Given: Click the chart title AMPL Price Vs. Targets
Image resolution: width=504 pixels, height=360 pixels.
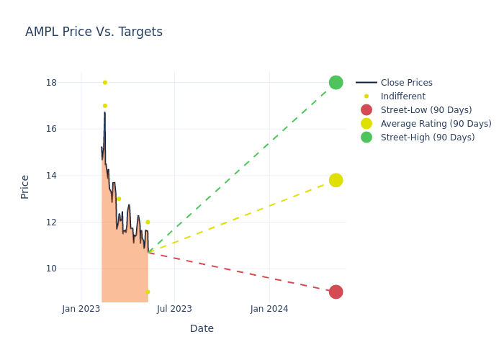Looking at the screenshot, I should (94, 32).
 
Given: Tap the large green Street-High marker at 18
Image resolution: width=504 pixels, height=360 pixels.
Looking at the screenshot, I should (336, 83).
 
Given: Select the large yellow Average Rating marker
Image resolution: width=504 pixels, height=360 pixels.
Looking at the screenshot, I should (336, 180).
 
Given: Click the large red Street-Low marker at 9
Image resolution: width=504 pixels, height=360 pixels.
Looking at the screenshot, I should (336, 292).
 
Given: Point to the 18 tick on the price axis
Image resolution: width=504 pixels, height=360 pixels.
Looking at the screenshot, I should (51, 83).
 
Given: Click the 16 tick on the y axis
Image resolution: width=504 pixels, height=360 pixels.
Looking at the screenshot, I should (51, 129).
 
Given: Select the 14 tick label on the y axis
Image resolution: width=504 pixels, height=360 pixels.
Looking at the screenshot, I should (51, 176).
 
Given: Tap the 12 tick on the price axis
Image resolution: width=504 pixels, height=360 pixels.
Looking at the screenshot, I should (51, 222).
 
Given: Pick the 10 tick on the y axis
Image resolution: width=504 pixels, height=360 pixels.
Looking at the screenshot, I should (51, 269).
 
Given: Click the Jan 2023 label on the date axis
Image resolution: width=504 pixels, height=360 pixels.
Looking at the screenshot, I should (81, 309).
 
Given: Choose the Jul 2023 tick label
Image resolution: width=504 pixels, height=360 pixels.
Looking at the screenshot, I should (174, 309).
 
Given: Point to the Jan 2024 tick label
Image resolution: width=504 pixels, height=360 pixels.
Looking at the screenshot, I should (269, 309).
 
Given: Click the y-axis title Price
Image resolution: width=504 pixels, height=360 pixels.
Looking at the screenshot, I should (25, 186).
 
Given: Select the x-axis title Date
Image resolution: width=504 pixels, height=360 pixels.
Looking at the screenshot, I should (202, 329).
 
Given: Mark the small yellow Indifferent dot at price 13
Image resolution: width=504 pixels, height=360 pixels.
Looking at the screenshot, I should (119, 199).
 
